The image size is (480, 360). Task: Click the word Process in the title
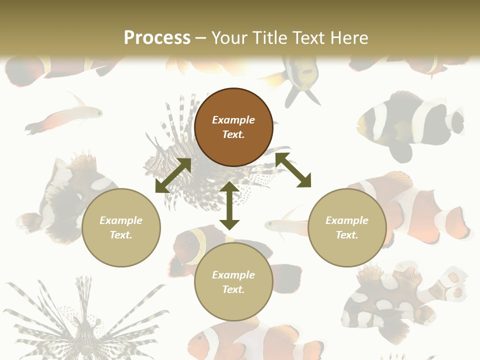click(x=157, y=38)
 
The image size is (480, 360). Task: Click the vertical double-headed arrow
click(x=229, y=205)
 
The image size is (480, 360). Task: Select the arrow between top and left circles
click(x=173, y=175)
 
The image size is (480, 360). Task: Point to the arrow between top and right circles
click(x=293, y=170)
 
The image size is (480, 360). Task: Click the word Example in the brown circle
click(x=233, y=120)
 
